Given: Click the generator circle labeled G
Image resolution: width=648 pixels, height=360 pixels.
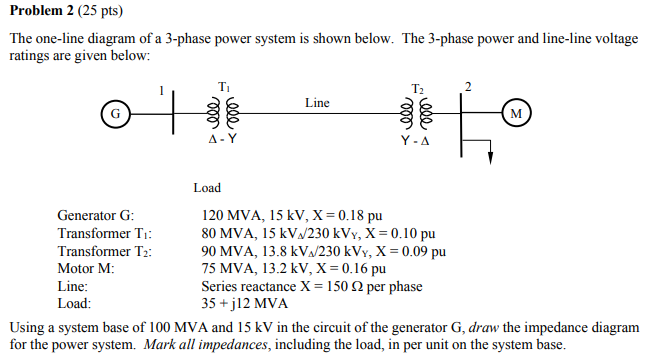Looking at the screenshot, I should coord(115,113).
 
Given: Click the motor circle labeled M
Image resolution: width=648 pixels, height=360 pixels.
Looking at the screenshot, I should coord(515,113).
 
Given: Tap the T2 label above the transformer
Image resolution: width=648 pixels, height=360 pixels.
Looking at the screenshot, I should coord(418,88).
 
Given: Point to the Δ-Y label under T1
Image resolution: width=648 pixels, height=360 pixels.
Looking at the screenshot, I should coord(222,140).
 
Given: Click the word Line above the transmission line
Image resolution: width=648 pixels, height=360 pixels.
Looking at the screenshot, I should coord(317,102).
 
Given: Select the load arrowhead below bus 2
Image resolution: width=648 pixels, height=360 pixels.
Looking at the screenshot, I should coord(490,158).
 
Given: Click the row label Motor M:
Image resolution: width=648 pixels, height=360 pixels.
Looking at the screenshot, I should coord(86,268).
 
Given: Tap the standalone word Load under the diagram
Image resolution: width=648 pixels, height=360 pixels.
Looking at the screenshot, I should coord(207,187).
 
